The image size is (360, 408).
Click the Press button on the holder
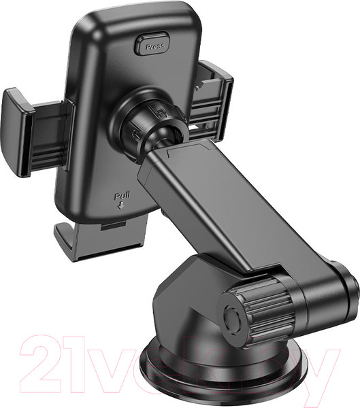[152, 44]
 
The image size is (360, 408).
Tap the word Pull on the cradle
[122, 196]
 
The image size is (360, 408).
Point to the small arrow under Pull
[121, 206]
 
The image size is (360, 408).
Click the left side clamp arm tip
[15, 133]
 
